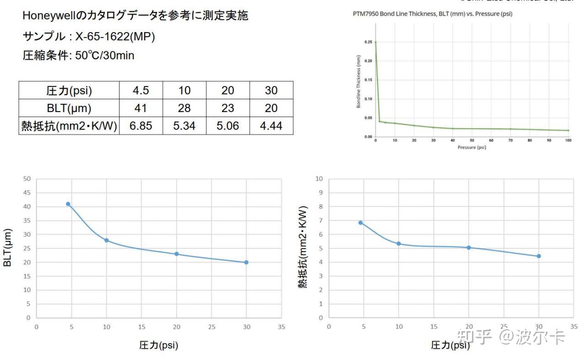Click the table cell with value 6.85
(141, 126)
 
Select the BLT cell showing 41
(141, 108)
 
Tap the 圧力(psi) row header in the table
(69, 90)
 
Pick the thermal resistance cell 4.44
(271, 126)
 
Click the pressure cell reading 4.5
(141, 90)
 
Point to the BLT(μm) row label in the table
(69, 108)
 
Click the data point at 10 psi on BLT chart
(107, 240)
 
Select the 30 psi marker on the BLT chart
(246, 262)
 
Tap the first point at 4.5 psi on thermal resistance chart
(360, 223)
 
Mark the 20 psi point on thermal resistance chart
(468, 247)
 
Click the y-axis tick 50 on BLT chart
(27, 179)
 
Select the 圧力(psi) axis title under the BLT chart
(158, 345)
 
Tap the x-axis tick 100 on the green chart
(568, 141)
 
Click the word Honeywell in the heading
(51, 16)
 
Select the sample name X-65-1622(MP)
(115, 36)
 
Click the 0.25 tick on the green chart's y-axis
(368, 42)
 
